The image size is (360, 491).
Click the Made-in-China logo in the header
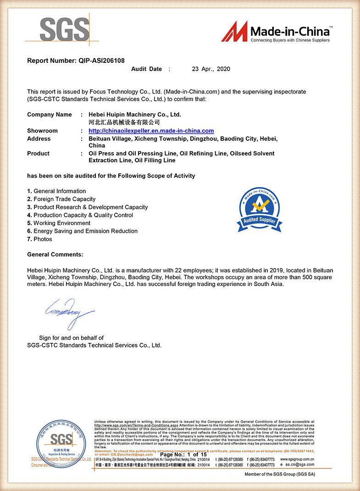276,33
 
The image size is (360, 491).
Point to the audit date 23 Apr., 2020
211,69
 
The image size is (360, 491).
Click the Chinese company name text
124,122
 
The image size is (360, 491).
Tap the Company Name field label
49,115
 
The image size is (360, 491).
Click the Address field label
39,138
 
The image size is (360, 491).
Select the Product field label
38,153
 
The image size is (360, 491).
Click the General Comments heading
55,254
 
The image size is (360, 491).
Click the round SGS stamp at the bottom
61,443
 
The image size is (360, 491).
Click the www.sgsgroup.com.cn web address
297,459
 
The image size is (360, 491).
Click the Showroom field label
42,131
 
